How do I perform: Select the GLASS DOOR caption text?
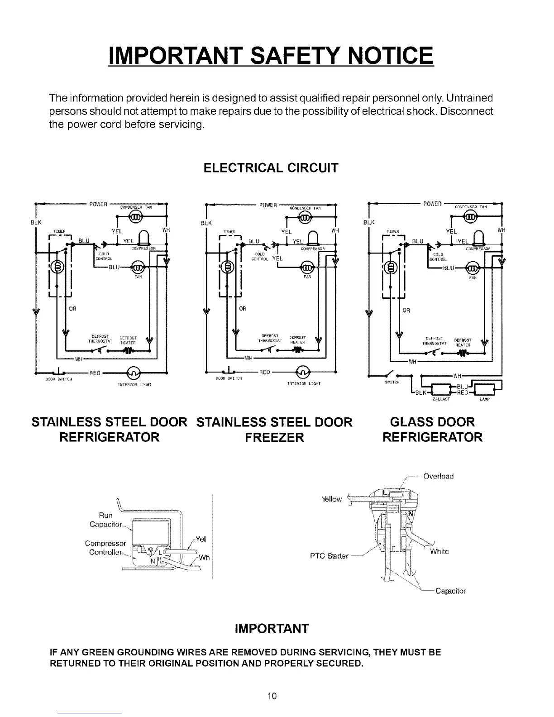(432, 422)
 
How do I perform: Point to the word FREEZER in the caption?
(275, 437)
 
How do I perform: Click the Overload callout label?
(438, 476)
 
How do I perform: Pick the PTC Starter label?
(329, 556)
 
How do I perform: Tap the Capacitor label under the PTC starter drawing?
(450, 591)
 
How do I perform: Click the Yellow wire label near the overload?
(331, 499)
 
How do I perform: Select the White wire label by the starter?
(439, 551)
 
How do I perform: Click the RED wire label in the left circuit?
(95, 373)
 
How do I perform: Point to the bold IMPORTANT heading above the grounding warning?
(272, 629)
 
